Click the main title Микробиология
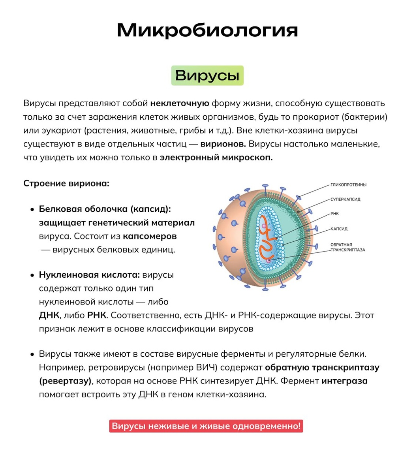coord(207,30)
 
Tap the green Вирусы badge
coord(207,75)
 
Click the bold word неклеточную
coord(180,103)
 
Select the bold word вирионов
coord(223,144)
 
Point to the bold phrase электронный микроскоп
coord(216,158)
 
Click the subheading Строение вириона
coord(66,183)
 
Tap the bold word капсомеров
coord(150,236)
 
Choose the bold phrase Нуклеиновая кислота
coord(89,275)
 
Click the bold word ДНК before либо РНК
coord(49,316)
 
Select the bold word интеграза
coord(344,381)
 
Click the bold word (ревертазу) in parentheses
coord(65,381)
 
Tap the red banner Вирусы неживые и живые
coord(206,426)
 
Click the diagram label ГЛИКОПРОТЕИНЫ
coord(348,185)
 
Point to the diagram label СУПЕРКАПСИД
coord(345,199)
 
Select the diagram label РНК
coord(334,214)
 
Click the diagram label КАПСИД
coord(339,229)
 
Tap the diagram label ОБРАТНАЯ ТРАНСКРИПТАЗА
coord(347,247)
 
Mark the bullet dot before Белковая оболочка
coord(32,209)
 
